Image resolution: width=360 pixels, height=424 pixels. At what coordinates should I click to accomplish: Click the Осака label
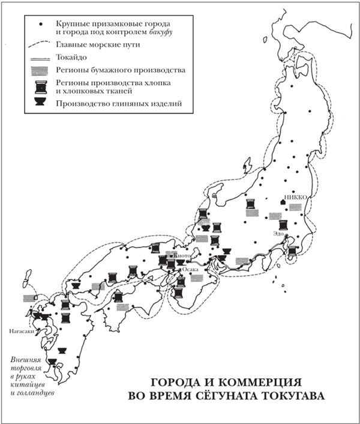pyautogui.click(x=190, y=270)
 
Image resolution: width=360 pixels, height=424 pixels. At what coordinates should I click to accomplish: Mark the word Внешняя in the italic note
pyautogui.click(x=25, y=360)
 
